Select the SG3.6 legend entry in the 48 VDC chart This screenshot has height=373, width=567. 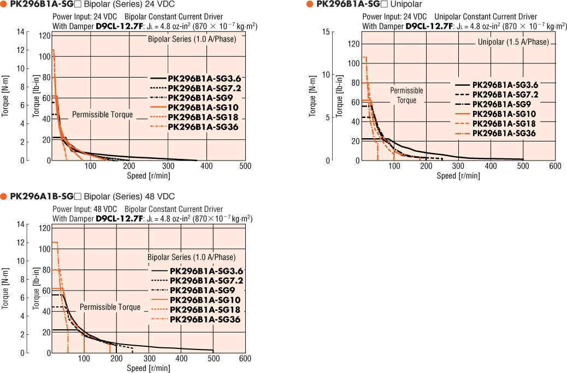click(x=206, y=271)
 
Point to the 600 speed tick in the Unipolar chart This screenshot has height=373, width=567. click(x=554, y=166)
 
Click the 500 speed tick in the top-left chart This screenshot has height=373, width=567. click(x=245, y=166)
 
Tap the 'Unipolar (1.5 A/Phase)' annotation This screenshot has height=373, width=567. click(x=513, y=43)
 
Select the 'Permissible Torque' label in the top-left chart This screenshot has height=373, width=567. click(x=103, y=115)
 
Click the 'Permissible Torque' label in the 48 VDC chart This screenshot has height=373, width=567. click(x=110, y=307)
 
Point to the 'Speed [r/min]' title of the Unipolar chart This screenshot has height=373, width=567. click(x=458, y=176)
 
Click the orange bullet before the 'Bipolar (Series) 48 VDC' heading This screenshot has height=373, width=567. click(x=4, y=196)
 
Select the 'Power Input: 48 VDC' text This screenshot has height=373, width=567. click(x=85, y=209)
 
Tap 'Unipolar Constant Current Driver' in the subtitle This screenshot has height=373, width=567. click(x=482, y=16)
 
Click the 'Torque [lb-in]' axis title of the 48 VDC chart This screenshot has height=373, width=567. click(x=36, y=289)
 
